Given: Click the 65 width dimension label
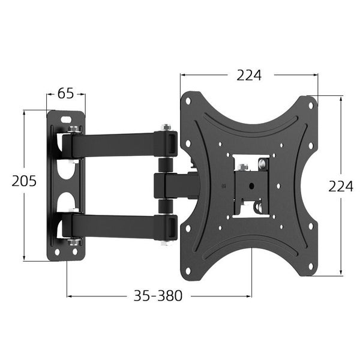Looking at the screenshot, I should (66, 94).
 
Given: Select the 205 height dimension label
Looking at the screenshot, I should (24, 181).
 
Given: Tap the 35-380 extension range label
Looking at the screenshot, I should (158, 296).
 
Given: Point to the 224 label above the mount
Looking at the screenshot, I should (248, 76).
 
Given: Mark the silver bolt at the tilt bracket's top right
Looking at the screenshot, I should (263, 163).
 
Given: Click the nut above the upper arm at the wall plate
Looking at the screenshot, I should (73, 129).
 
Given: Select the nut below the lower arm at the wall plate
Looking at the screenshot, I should (73, 242).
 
